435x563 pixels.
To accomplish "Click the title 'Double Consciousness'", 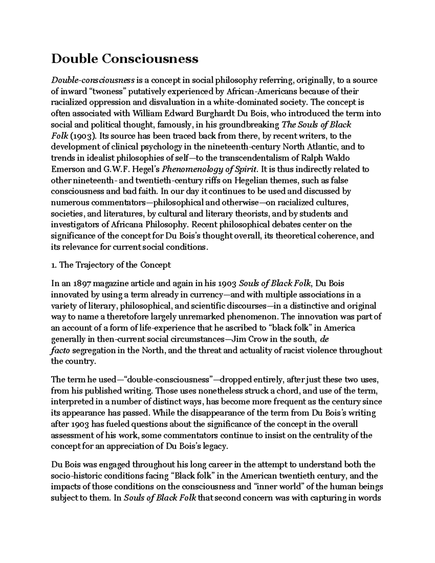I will (125, 58).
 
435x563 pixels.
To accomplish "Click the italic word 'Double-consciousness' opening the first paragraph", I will (93, 80).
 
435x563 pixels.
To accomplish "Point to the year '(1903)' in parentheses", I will (83, 136).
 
